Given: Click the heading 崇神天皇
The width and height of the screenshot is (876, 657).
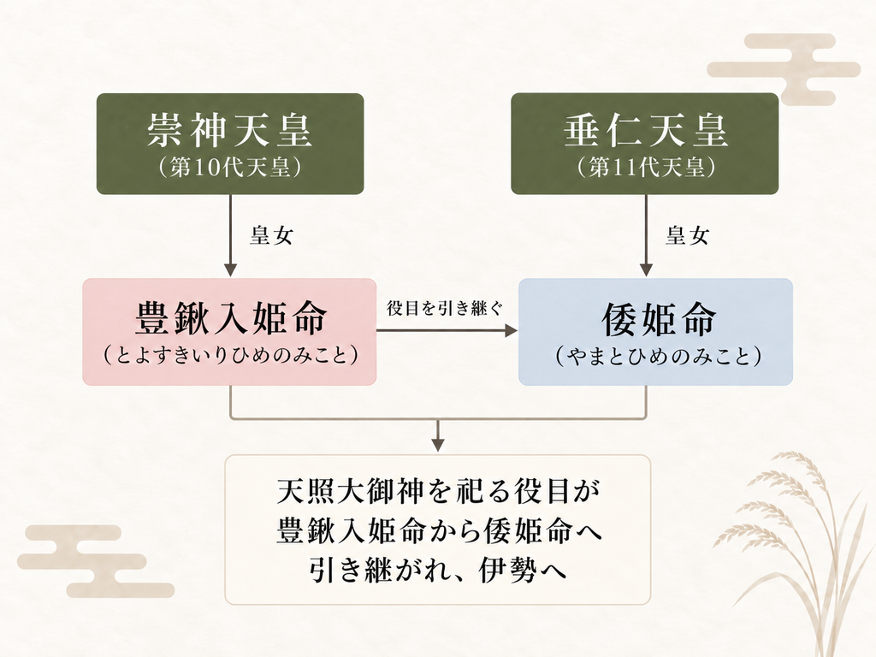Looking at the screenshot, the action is pos(229,130).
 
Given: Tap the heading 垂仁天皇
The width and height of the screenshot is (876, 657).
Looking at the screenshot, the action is pos(645,130).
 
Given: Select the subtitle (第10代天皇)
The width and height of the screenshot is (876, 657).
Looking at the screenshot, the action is pos(229,167).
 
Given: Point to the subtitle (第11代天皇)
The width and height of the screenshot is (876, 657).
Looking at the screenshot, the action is pos(646,167).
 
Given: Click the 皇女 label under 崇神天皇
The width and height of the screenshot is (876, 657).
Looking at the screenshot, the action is pos(271,235).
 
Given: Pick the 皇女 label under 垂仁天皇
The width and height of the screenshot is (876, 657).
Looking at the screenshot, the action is pos(687,235).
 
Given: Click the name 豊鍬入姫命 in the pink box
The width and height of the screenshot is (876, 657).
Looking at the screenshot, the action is pos(230,318).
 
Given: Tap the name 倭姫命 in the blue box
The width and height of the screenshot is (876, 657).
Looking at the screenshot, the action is pos(658,319).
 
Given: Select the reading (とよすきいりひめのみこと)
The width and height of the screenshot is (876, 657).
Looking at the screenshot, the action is pos(230,355).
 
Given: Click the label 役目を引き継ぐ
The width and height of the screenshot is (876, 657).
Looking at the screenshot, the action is pos(445,308).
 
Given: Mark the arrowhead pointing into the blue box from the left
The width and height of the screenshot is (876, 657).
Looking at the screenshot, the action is pos(511,331).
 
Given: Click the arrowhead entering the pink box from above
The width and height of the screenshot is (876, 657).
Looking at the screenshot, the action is pos(230,269).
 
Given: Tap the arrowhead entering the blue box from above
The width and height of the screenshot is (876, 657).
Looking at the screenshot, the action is pos(646,269).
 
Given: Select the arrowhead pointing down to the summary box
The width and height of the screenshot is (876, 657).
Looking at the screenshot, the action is pos(438,444).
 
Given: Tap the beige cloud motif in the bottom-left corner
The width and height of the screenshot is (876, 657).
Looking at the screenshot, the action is pos(95,561).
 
